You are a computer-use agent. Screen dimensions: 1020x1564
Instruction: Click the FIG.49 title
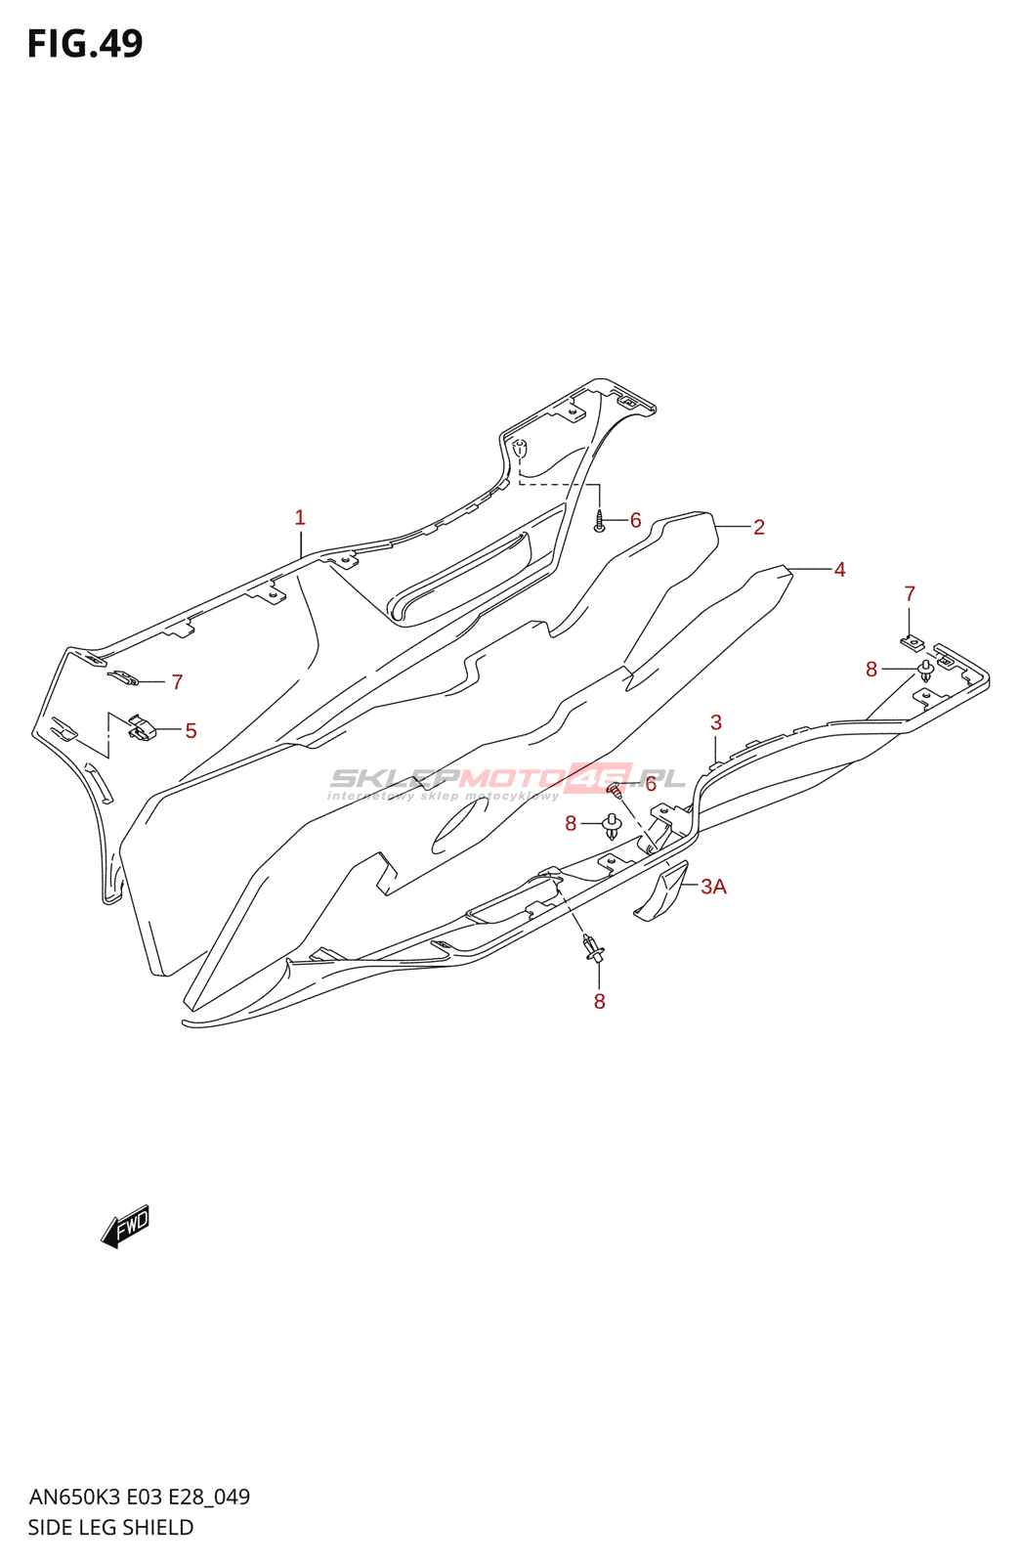(x=85, y=43)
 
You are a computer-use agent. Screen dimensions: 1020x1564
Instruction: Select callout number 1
(x=300, y=517)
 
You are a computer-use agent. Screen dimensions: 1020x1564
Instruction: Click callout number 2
(x=759, y=527)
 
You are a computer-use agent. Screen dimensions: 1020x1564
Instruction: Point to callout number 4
(x=840, y=570)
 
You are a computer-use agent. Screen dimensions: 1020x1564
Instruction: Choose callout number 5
(x=191, y=730)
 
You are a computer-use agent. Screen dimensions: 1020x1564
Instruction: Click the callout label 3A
(x=714, y=886)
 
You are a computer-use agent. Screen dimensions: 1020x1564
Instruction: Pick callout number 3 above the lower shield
(x=716, y=722)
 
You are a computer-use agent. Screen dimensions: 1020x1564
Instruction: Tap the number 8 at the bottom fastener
(x=599, y=1002)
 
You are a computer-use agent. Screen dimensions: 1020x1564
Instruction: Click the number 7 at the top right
(x=910, y=593)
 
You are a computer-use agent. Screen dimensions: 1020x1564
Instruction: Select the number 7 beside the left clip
(x=177, y=681)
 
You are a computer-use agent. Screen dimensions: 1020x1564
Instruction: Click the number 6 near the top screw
(x=636, y=520)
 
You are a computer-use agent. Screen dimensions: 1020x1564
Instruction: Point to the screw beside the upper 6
(x=599, y=521)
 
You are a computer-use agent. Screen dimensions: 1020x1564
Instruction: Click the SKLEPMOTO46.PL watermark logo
(x=507, y=781)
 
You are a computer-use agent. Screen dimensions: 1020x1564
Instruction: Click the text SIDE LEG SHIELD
(x=111, y=1527)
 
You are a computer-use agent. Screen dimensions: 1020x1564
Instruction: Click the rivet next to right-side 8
(x=926, y=671)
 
